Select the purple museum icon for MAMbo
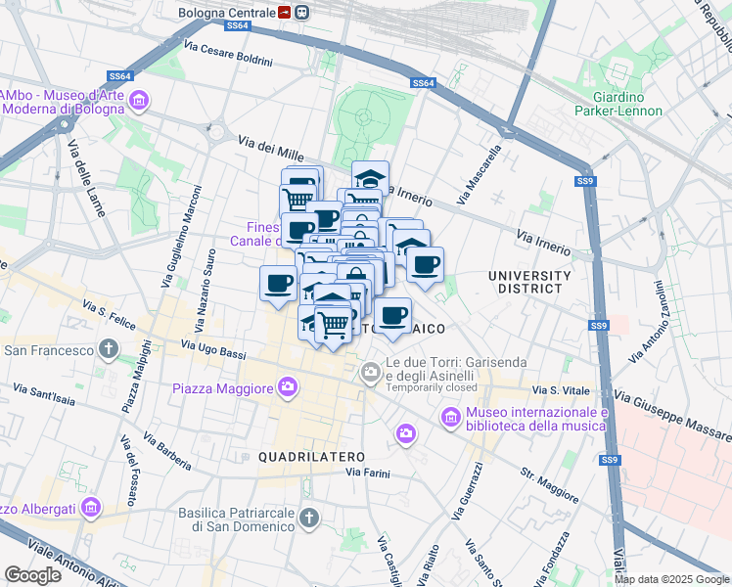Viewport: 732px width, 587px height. (x=140, y=101)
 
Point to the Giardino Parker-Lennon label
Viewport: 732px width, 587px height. (x=618, y=104)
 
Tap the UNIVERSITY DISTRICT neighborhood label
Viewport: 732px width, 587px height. (x=529, y=282)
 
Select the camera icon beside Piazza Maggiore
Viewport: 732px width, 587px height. (x=287, y=388)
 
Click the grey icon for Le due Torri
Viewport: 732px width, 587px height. (x=371, y=372)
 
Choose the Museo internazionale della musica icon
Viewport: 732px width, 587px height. (x=450, y=418)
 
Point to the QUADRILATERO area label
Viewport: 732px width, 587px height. (x=311, y=457)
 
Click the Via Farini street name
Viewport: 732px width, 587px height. (x=367, y=474)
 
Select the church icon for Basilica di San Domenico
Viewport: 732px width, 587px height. (x=307, y=518)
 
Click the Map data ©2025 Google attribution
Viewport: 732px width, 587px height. (x=671, y=579)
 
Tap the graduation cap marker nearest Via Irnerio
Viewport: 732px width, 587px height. (x=370, y=178)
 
